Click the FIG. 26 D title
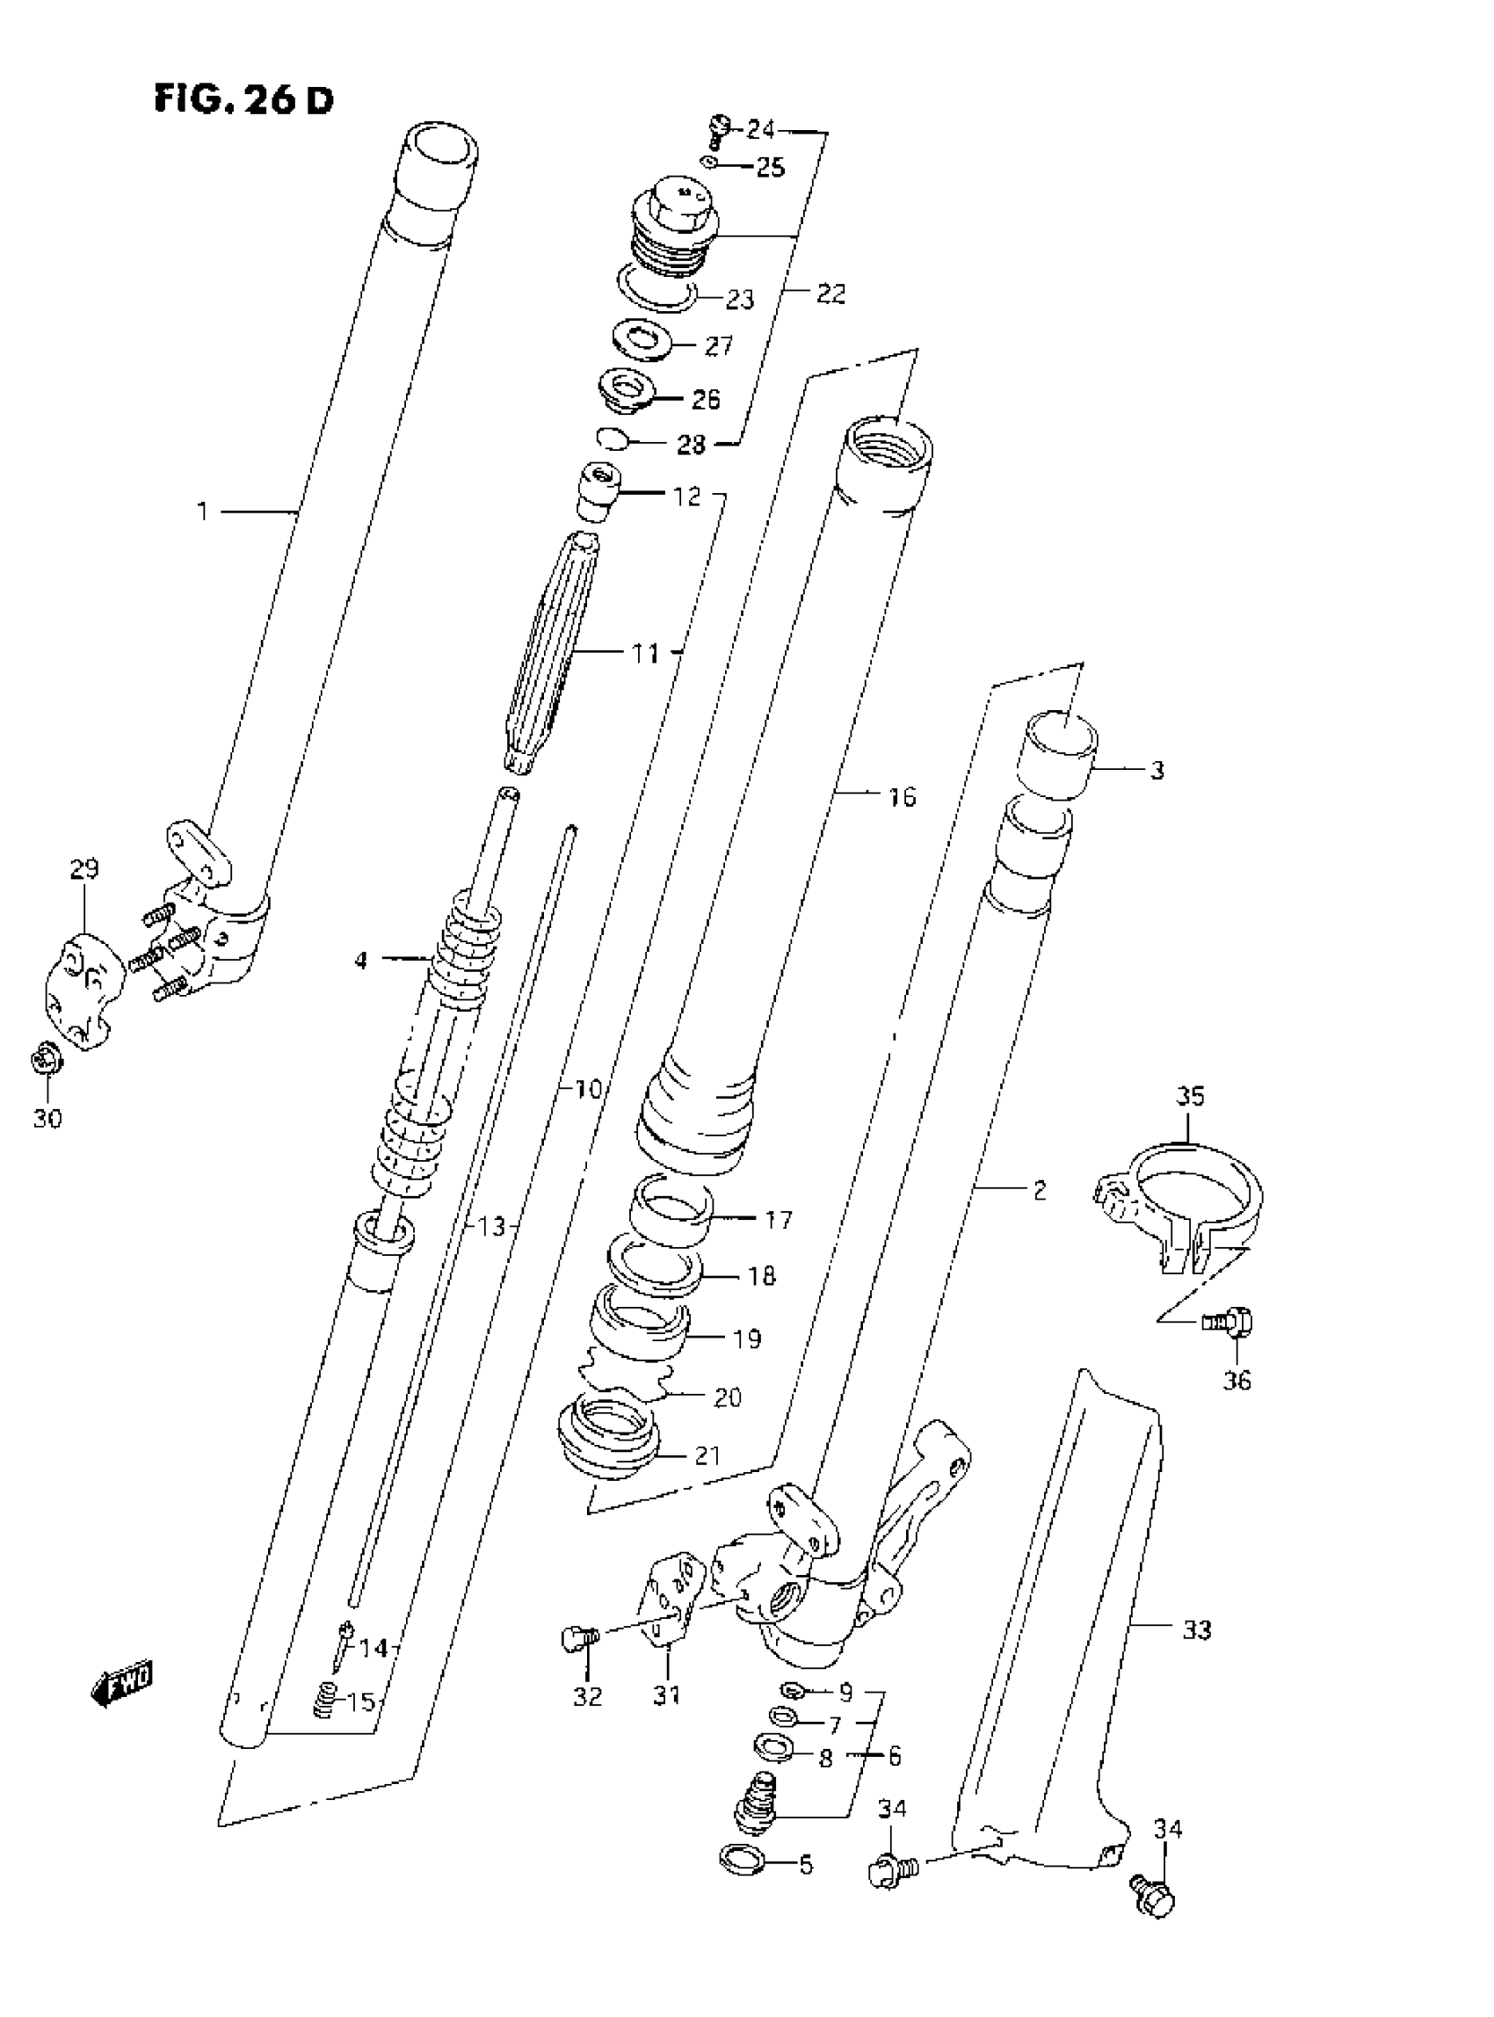point(243,98)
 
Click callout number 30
point(48,1119)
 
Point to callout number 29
point(83,870)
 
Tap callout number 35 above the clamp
point(1190,1096)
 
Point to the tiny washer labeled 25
point(710,163)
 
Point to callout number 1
point(204,512)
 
